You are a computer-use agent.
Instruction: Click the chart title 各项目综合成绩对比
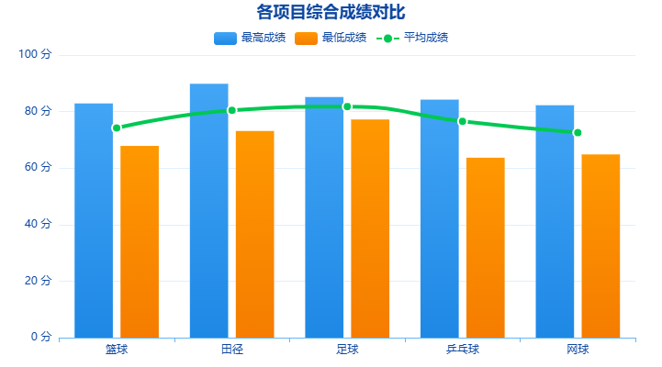point(331,12)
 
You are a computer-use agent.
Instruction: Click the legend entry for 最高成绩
point(250,38)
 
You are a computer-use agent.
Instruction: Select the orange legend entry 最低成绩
point(331,38)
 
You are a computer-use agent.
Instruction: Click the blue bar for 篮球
point(94,220)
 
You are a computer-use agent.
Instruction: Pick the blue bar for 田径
point(208,211)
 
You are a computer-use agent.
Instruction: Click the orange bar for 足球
point(370,228)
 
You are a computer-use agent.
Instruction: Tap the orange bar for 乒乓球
point(485,247)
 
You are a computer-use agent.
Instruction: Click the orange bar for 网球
point(600,246)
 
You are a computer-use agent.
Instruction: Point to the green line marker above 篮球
point(117,128)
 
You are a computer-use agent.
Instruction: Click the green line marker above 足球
point(347,106)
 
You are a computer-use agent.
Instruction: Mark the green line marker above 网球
point(578,132)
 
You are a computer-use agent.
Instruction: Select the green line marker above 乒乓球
point(463,121)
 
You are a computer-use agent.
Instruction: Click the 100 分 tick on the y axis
point(35,55)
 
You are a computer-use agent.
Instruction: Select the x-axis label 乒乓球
point(462,350)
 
